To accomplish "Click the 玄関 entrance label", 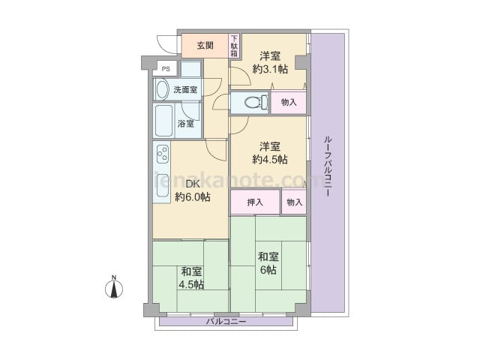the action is click(205, 46).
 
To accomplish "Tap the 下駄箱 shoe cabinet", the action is click(235, 46).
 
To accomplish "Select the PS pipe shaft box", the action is click(165, 68).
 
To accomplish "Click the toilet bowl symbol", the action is click(256, 102).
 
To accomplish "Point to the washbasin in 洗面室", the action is click(162, 90).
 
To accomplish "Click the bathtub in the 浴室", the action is click(163, 121).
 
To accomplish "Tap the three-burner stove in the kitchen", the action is click(163, 154).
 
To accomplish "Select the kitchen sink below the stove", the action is click(162, 185).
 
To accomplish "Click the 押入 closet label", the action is click(255, 202).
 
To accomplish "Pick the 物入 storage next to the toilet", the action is click(289, 102).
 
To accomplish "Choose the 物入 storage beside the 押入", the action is click(294, 202).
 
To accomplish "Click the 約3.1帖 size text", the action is click(270, 69).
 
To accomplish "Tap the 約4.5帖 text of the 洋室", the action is click(270, 159).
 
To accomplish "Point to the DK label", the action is click(193, 184).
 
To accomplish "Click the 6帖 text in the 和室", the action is click(268, 270).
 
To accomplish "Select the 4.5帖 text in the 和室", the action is click(191, 285).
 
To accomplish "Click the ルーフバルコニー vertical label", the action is click(328, 166).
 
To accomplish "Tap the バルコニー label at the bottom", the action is click(226, 322).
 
